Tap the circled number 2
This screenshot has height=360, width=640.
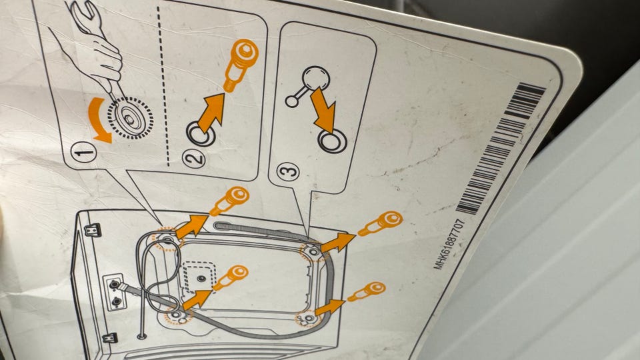[193, 159]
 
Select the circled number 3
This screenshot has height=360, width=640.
[288, 171]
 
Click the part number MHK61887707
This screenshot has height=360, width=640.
[449, 244]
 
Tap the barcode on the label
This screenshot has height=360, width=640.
[501, 148]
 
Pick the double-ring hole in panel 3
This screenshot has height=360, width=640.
[332, 141]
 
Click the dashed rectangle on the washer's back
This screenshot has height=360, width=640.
[199, 277]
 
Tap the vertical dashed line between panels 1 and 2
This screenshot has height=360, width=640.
[163, 86]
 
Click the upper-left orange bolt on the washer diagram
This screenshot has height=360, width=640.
[229, 201]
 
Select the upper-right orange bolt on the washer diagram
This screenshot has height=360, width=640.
[381, 223]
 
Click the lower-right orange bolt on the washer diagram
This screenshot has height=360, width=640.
[367, 291]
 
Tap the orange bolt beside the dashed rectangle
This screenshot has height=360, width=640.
[231, 277]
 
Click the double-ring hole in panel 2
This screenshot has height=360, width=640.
[201, 133]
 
